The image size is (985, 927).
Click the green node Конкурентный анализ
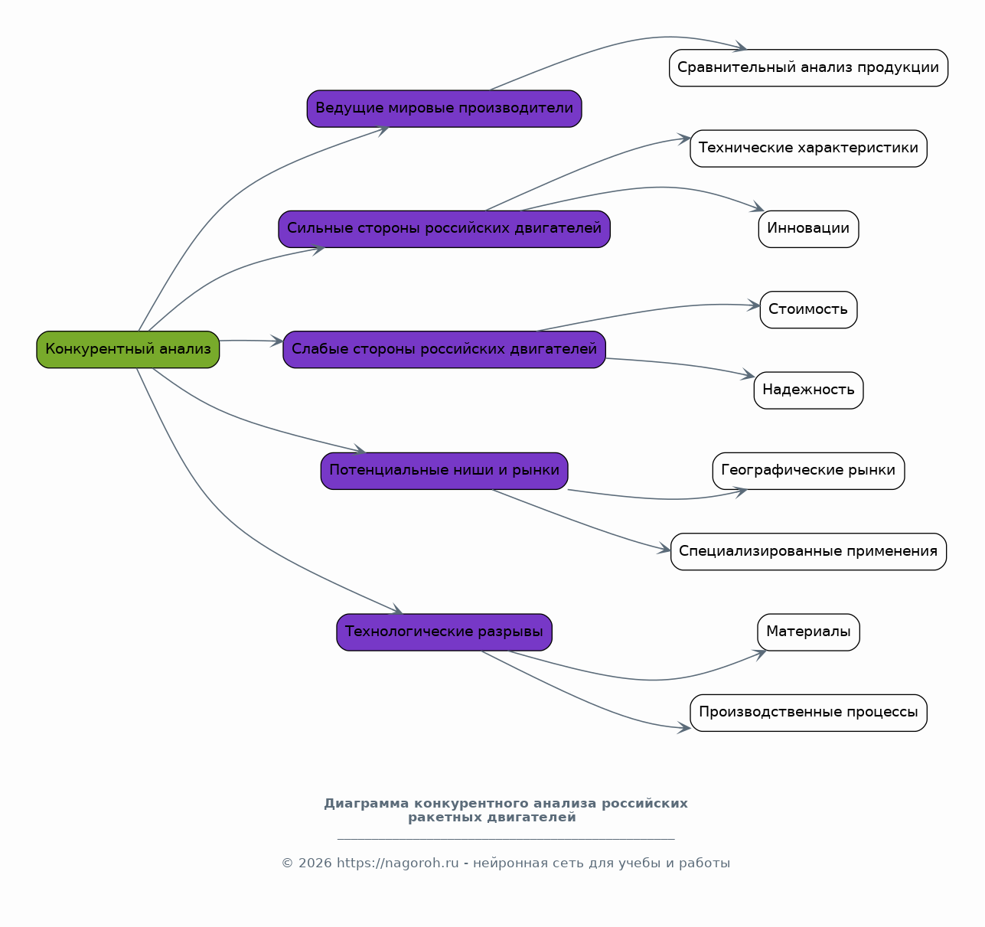(128, 350)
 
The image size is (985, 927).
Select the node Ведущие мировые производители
(445, 109)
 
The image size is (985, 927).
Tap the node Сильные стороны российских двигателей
(445, 230)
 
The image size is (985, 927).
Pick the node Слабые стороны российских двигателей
(445, 350)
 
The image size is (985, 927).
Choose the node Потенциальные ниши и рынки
(445, 471)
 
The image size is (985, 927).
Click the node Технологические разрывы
(445, 632)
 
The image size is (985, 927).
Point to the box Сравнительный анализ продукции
(808, 68)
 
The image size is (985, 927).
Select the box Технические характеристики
(808, 149)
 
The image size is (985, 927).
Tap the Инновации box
(808, 230)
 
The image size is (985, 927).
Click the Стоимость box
(808, 310)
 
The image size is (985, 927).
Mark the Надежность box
(808, 390)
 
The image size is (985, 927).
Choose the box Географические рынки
(808, 471)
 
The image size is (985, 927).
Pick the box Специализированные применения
(808, 552)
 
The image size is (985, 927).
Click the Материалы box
(808, 632)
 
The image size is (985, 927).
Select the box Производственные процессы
(808, 713)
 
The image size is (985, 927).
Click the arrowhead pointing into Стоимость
(754, 305)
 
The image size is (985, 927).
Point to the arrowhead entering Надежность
(749, 374)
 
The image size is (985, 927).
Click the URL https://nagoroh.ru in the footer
(398, 863)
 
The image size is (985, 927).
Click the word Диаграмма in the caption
(367, 804)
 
